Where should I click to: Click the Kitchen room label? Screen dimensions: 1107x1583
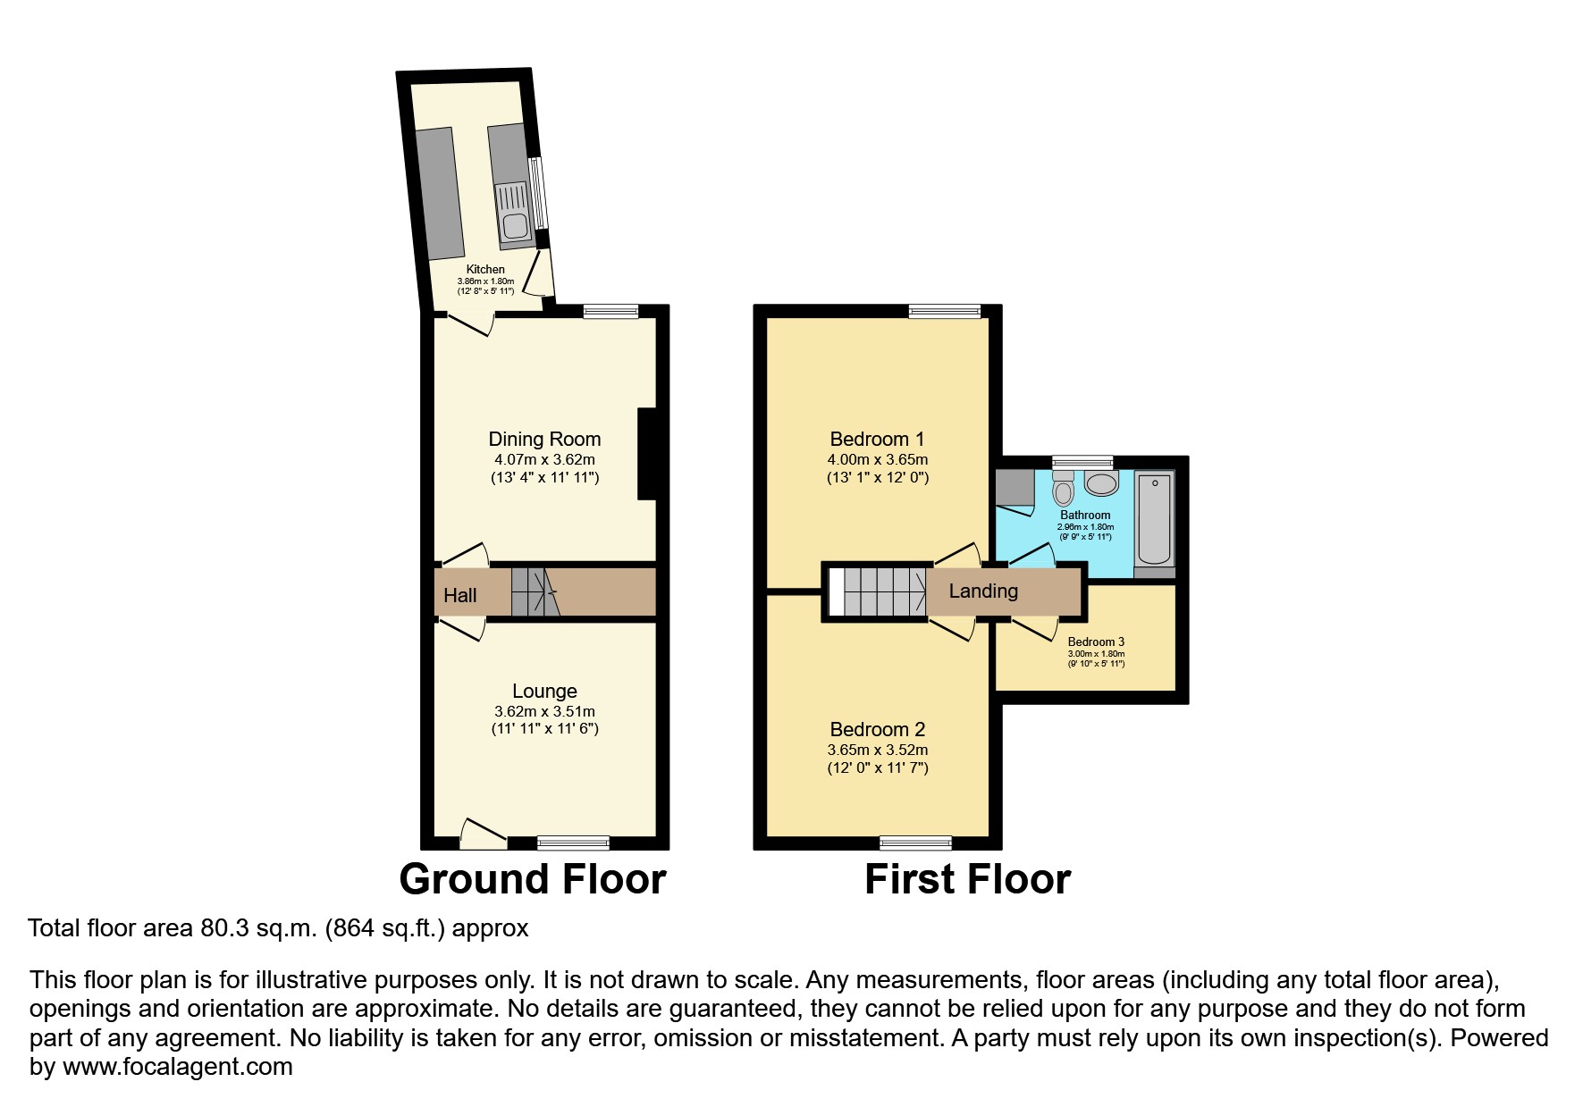pos(485,269)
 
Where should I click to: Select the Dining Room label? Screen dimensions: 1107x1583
pos(544,439)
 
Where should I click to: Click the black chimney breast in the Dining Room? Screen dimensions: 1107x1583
pos(646,453)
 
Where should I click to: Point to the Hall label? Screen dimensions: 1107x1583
pos(460,595)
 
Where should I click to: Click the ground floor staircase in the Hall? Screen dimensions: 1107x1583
pos(534,591)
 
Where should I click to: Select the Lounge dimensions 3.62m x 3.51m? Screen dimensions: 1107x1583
pos(544,711)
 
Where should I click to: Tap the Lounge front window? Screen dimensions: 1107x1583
pos(573,842)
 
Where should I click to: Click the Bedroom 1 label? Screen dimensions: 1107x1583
pos(877,439)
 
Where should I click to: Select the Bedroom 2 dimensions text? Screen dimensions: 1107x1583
pos(877,750)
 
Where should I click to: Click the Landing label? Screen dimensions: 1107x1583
pos(983,591)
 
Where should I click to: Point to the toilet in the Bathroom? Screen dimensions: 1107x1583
pos(1063,489)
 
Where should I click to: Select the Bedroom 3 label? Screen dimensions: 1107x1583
pos(1096,642)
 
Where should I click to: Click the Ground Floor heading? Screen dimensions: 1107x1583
pos(533,879)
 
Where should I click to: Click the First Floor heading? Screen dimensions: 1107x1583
pos(967,879)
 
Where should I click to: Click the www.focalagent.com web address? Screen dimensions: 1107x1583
pos(177,1067)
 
